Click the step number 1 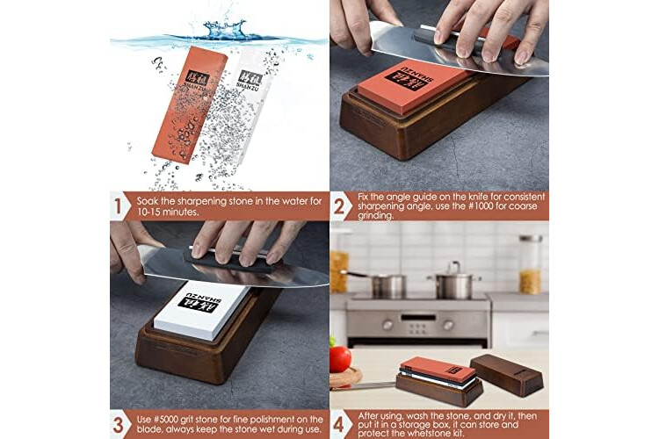118,206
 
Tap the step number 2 339,206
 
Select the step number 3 118,425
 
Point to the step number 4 339,425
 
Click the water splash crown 221,29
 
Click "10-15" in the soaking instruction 148,212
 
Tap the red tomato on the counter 340,359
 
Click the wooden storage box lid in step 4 506,374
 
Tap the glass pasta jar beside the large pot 531,264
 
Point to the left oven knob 387,324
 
